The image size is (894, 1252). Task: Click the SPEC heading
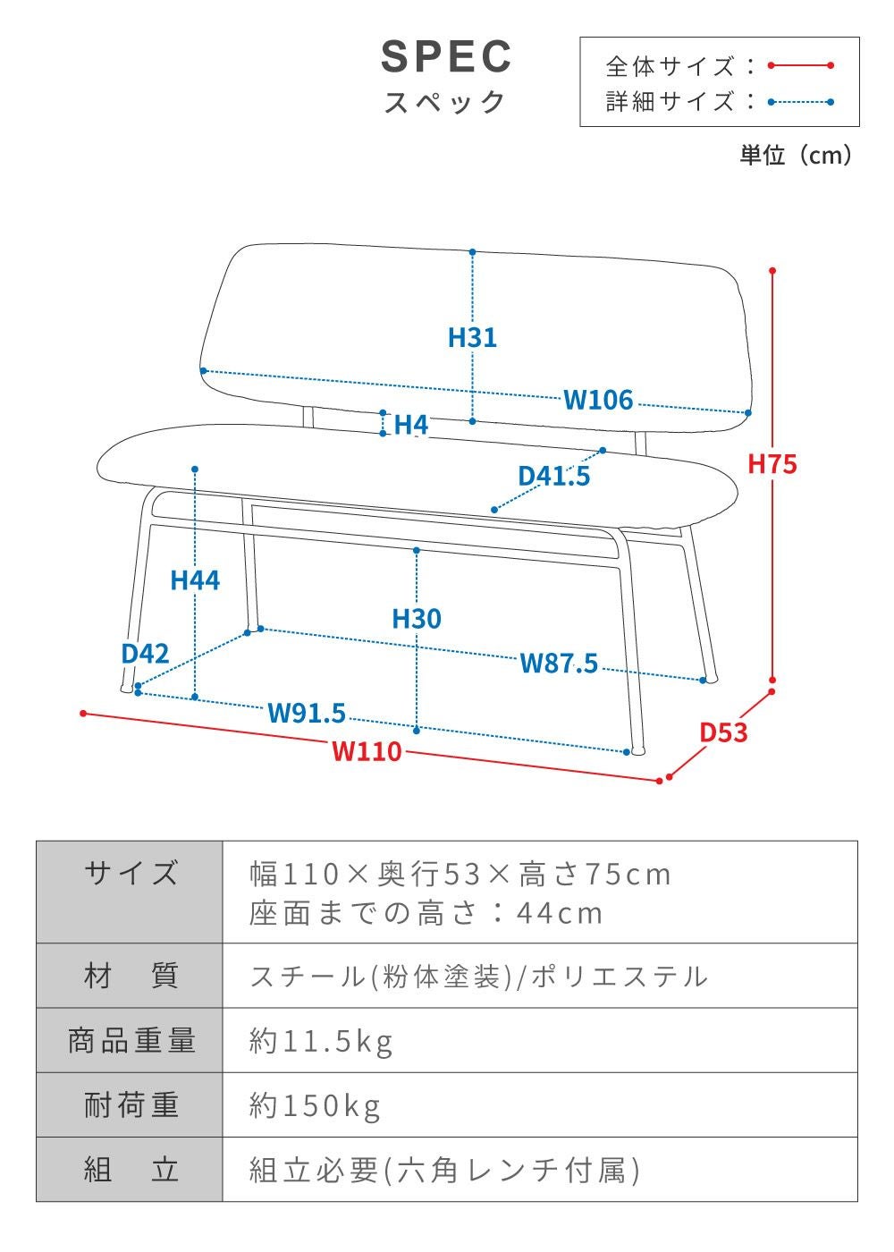point(446,57)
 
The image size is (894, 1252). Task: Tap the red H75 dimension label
point(772,464)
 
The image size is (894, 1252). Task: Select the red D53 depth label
point(722,732)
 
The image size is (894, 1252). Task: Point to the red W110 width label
point(367,751)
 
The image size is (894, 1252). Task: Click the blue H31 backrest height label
point(472,337)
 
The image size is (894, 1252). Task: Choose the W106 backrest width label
point(598,400)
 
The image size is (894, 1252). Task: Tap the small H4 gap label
point(410,425)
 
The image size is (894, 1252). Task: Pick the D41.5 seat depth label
point(554,476)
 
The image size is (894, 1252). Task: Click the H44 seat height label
point(195,580)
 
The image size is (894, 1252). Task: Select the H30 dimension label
point(417,618)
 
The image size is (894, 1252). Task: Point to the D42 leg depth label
point(145,653)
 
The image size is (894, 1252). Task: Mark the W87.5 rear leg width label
point(559,663)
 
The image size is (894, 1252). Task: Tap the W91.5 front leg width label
point(307,713)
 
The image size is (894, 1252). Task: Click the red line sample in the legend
point(800,65)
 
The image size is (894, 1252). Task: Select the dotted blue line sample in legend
point(800,102)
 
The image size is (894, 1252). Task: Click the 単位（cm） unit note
point(796,156)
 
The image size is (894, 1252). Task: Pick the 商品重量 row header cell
point(131,1040)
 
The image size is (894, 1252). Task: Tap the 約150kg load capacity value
point(315,1105)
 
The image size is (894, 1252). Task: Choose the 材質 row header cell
point(131,976)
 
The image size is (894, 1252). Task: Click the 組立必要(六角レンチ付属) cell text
point(444,1170)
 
